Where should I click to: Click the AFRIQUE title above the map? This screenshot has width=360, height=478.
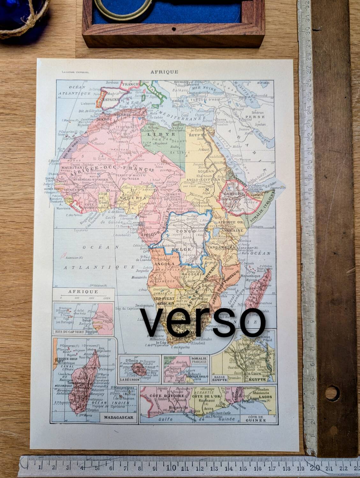coord(165,72)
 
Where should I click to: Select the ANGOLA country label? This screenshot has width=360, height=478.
coord(164,264)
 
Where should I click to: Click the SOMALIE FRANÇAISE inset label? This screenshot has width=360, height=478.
coord(200,360)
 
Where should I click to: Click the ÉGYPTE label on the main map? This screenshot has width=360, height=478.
coord(196,135)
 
